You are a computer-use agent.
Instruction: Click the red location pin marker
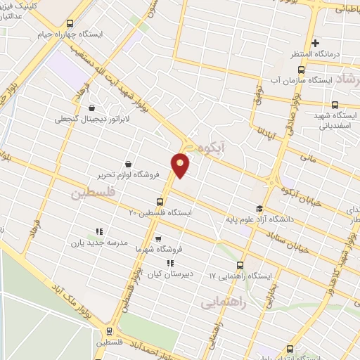click(181, 165)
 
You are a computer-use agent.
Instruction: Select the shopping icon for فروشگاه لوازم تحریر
click(127, 163)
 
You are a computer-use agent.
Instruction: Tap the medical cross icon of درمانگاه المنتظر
click(316, 44)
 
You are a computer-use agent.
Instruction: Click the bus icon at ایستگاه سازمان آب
click(302, 70)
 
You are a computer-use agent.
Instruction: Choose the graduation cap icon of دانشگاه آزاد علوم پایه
click(259, 208)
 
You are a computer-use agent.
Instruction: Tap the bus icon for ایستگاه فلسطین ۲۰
click(159, 202)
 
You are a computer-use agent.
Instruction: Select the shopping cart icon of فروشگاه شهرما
click(157, 238)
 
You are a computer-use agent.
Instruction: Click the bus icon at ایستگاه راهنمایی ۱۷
click(240, 265)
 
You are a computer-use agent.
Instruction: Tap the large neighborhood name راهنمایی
click(223, 303)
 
